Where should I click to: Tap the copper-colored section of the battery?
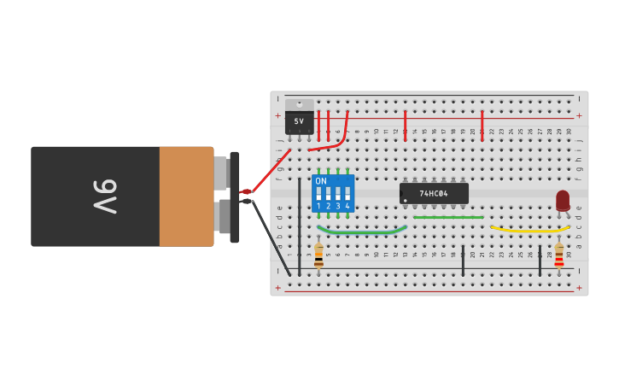coord(186,196)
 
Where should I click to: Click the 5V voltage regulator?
coord(299,120)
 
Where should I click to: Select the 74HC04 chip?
coord(434,193)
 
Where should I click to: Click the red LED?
coord(563,200)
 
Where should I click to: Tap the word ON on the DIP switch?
coord(321,181)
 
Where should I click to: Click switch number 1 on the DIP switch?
coord(318,193)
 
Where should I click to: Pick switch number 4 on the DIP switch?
coord(347,193)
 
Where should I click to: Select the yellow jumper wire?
coord(529,230)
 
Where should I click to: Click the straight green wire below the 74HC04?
coord(448,217)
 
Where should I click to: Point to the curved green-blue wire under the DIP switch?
coord(362,232)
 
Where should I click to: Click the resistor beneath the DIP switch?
coord(318,255)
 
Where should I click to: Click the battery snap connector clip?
coord(234,196)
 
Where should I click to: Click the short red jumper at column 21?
coord(482,126)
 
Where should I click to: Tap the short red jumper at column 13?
coord(405,126)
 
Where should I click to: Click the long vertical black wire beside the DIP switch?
coord(299,226)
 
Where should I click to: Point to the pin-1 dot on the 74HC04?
coord(406,201)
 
